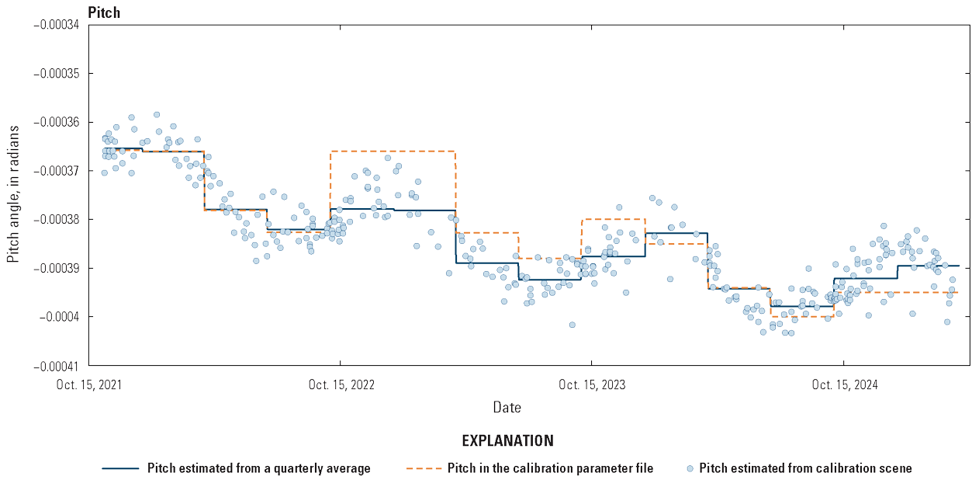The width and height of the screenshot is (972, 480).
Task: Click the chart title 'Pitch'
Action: point(104,12)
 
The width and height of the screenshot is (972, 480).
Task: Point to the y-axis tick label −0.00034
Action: point(57,25)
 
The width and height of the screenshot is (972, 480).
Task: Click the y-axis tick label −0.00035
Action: point(57,74)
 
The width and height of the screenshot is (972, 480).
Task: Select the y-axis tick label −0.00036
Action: point(57,123)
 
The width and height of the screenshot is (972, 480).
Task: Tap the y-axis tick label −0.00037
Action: point(57,171)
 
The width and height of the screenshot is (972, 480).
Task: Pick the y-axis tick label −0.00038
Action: point(57,220)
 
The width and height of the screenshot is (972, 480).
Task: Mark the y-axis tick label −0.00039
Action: point(57,268)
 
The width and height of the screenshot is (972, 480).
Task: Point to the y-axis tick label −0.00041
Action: point(57,365)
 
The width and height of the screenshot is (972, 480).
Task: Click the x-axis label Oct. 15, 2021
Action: point(89,384)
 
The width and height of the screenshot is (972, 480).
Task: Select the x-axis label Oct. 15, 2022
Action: point(340,384)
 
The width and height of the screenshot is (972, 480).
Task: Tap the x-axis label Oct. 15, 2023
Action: point(591,384)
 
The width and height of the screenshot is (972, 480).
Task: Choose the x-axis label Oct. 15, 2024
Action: point(843,384)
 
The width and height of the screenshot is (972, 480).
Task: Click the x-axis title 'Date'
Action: point(507,407)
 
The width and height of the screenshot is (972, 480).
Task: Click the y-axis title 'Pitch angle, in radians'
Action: point(14,195)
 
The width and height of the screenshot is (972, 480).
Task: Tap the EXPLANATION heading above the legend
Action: point(507,441)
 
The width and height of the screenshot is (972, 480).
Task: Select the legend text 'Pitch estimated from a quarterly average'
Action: point(258,468)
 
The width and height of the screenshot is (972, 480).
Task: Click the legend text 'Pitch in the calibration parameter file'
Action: point(550,468)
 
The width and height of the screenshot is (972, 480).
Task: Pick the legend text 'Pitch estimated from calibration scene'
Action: point(805,468)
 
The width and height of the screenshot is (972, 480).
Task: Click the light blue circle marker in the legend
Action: point(690,468)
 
